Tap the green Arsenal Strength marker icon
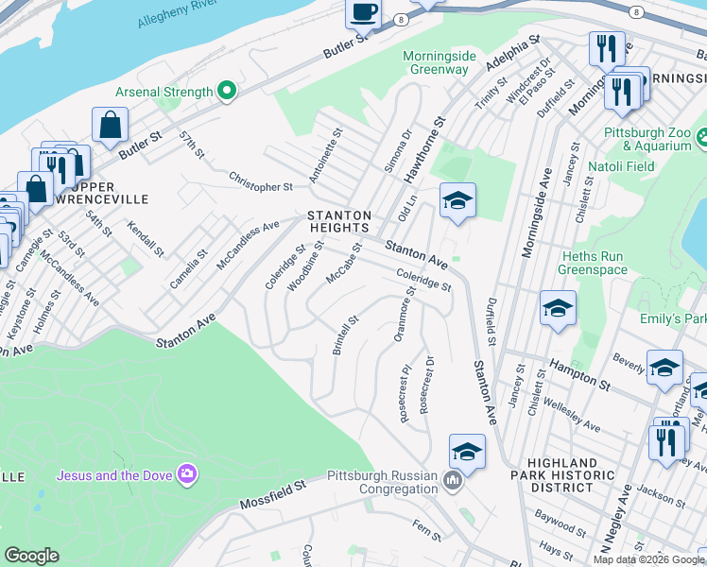pos(226,92)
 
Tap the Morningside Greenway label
pos(436,62)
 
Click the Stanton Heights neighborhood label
pos(337,221)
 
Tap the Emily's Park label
pos(673,319)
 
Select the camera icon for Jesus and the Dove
pos(187,473)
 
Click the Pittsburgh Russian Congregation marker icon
pos(453,482)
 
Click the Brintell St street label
pos(345,335)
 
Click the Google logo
pos(32,556)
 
